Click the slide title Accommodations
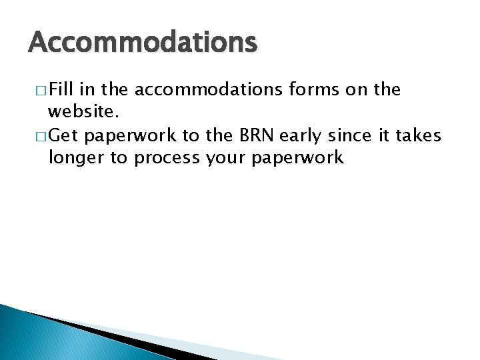pyautogui.click(x=142, y=43)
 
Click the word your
pyautogui.click(x=223, y=158)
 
